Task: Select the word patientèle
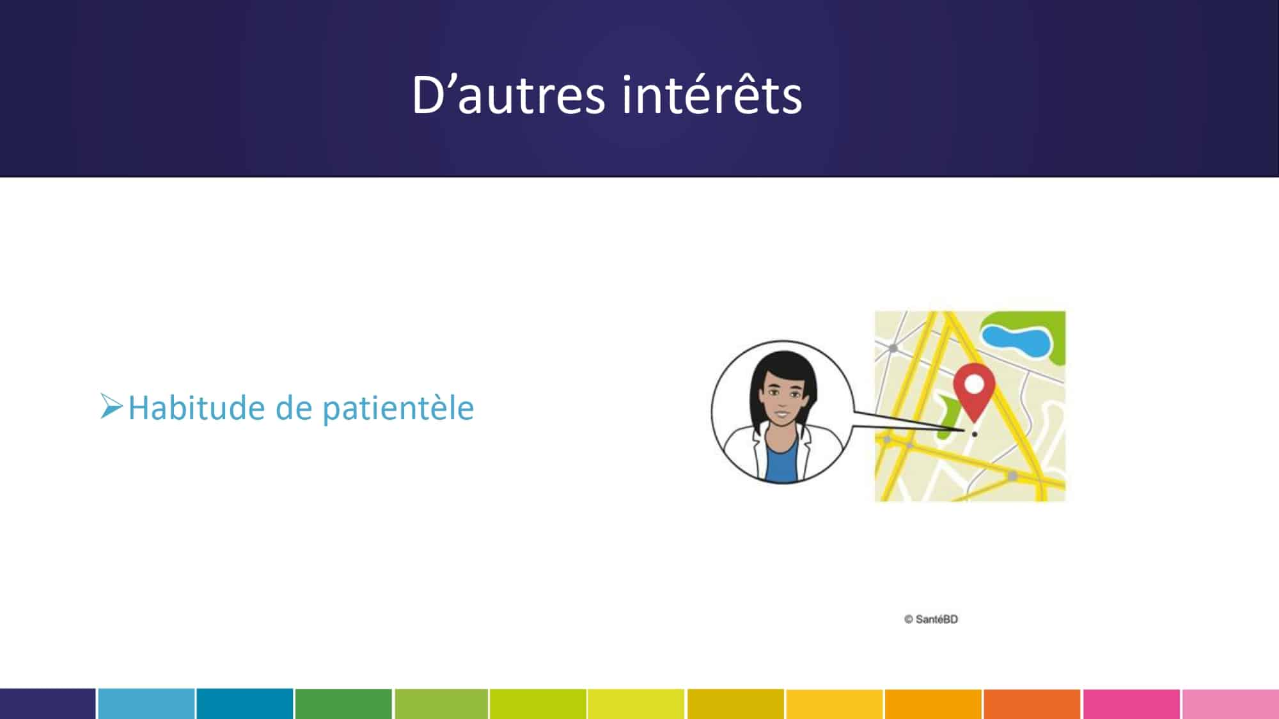click(x=398, y=408)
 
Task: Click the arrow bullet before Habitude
click(x=111, y=406)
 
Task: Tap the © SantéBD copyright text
click(x=931, y=619)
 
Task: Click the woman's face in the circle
click(x=782, y=399)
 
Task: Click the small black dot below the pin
click(x=974, y=434)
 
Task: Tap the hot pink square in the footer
click(x=1131, y=704)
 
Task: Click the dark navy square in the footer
click(x=48, y=704)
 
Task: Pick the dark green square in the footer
click(x=343, y=704)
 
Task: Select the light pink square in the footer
click(x=1230, y=704)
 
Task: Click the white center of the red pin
click(x=974, y=384)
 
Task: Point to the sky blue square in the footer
click(x=146, y=704)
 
